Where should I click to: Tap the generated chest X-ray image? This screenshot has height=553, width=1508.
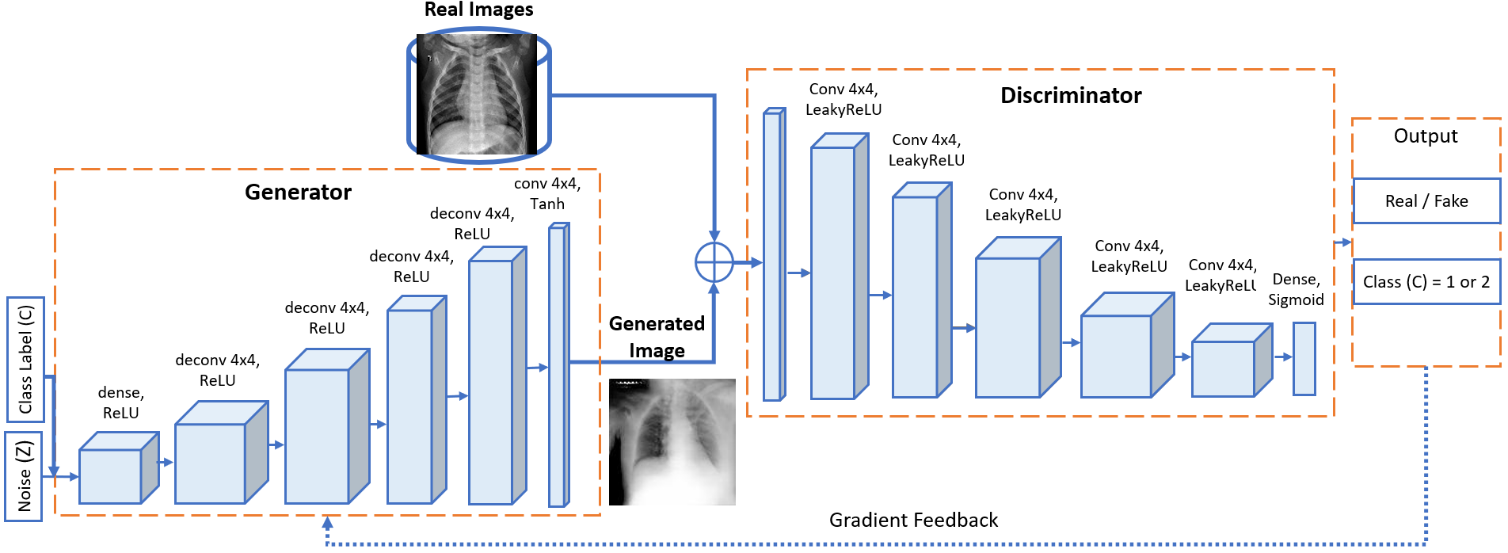(672, 442)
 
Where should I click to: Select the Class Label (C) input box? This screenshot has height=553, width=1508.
(25, 359)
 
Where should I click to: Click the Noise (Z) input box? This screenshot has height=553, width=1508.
(24, 476)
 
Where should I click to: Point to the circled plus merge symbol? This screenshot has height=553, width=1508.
(714, 262)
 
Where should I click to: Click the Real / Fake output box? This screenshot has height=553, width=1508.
(1426, 201)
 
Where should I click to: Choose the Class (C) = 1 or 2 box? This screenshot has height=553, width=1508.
(1426, 282)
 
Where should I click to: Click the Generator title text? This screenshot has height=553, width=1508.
(298, 193)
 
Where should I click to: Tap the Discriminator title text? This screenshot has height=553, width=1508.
(1070, 96)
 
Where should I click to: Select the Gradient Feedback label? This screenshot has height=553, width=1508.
(913, 521)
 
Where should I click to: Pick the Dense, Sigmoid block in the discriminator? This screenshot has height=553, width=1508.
(1304, 358)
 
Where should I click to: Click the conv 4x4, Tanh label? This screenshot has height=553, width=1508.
(547, 194)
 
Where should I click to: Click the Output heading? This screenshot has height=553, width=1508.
(1425, 136)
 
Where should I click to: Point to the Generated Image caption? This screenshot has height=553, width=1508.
(657, 337)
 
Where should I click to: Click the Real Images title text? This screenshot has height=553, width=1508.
(478, 10)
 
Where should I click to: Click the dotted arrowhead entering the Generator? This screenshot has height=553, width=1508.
(327, 523)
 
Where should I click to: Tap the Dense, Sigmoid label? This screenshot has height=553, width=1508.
(1296, 290)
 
